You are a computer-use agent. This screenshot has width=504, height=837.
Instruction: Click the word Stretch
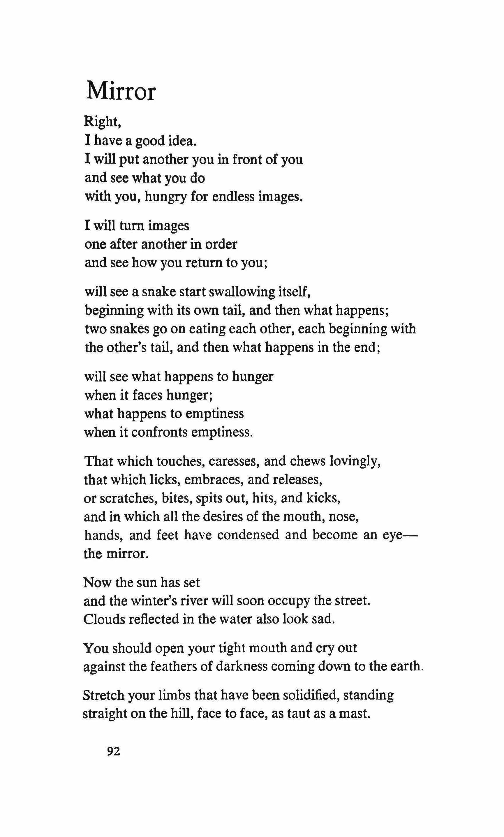coord(103,695)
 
